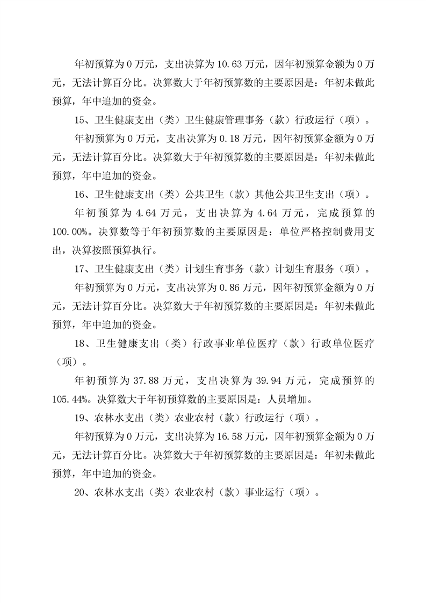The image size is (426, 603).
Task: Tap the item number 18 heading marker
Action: click(x=81, y=342)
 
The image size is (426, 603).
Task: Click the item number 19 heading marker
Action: click(x=81, y=417)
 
